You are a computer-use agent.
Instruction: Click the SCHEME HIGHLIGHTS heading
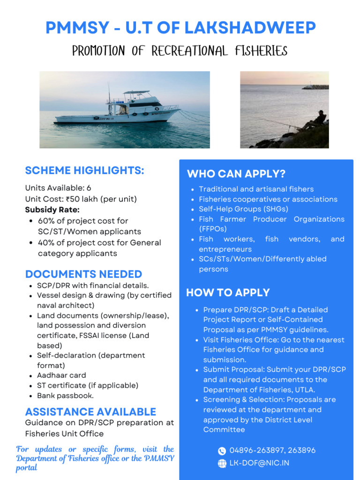[x=84, y=171]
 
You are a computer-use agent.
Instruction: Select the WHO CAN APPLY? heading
[x=236, y=174]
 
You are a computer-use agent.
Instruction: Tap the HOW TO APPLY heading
[x=228, y=292]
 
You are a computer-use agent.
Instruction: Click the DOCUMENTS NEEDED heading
[x=83, y=274]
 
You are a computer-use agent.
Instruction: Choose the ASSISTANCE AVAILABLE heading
[x=90, y=412]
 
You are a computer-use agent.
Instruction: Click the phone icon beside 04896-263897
[x=222, y=450]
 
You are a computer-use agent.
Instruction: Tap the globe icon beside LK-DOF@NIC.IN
[x=222, y=463]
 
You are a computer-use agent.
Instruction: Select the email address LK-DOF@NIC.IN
[x=259, y=463]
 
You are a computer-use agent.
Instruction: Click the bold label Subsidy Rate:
[x=52, y=210]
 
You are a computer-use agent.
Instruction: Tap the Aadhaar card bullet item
[x=61, y=375]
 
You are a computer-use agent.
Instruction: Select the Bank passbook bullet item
[x=65, y=396]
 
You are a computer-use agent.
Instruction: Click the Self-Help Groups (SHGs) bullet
[x=243, y=209]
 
